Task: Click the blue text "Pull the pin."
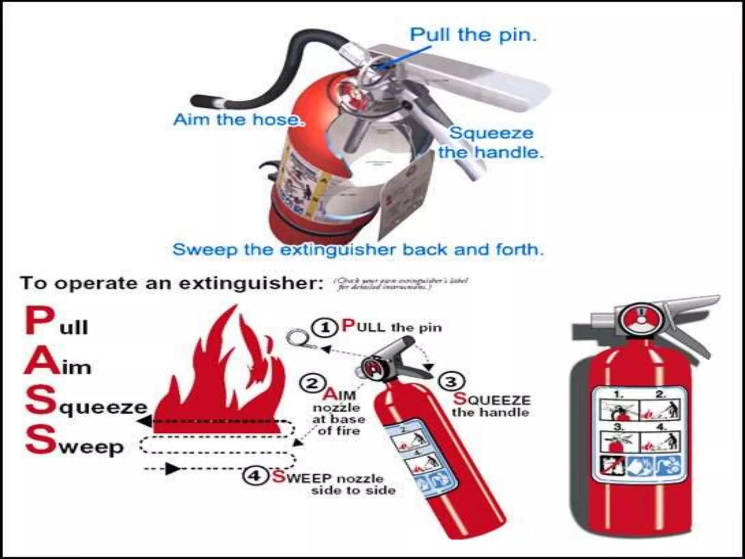[473, 35]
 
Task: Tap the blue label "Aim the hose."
[238, 119]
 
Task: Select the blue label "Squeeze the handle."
[491, 143]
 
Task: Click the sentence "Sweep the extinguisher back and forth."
[358, 250]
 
